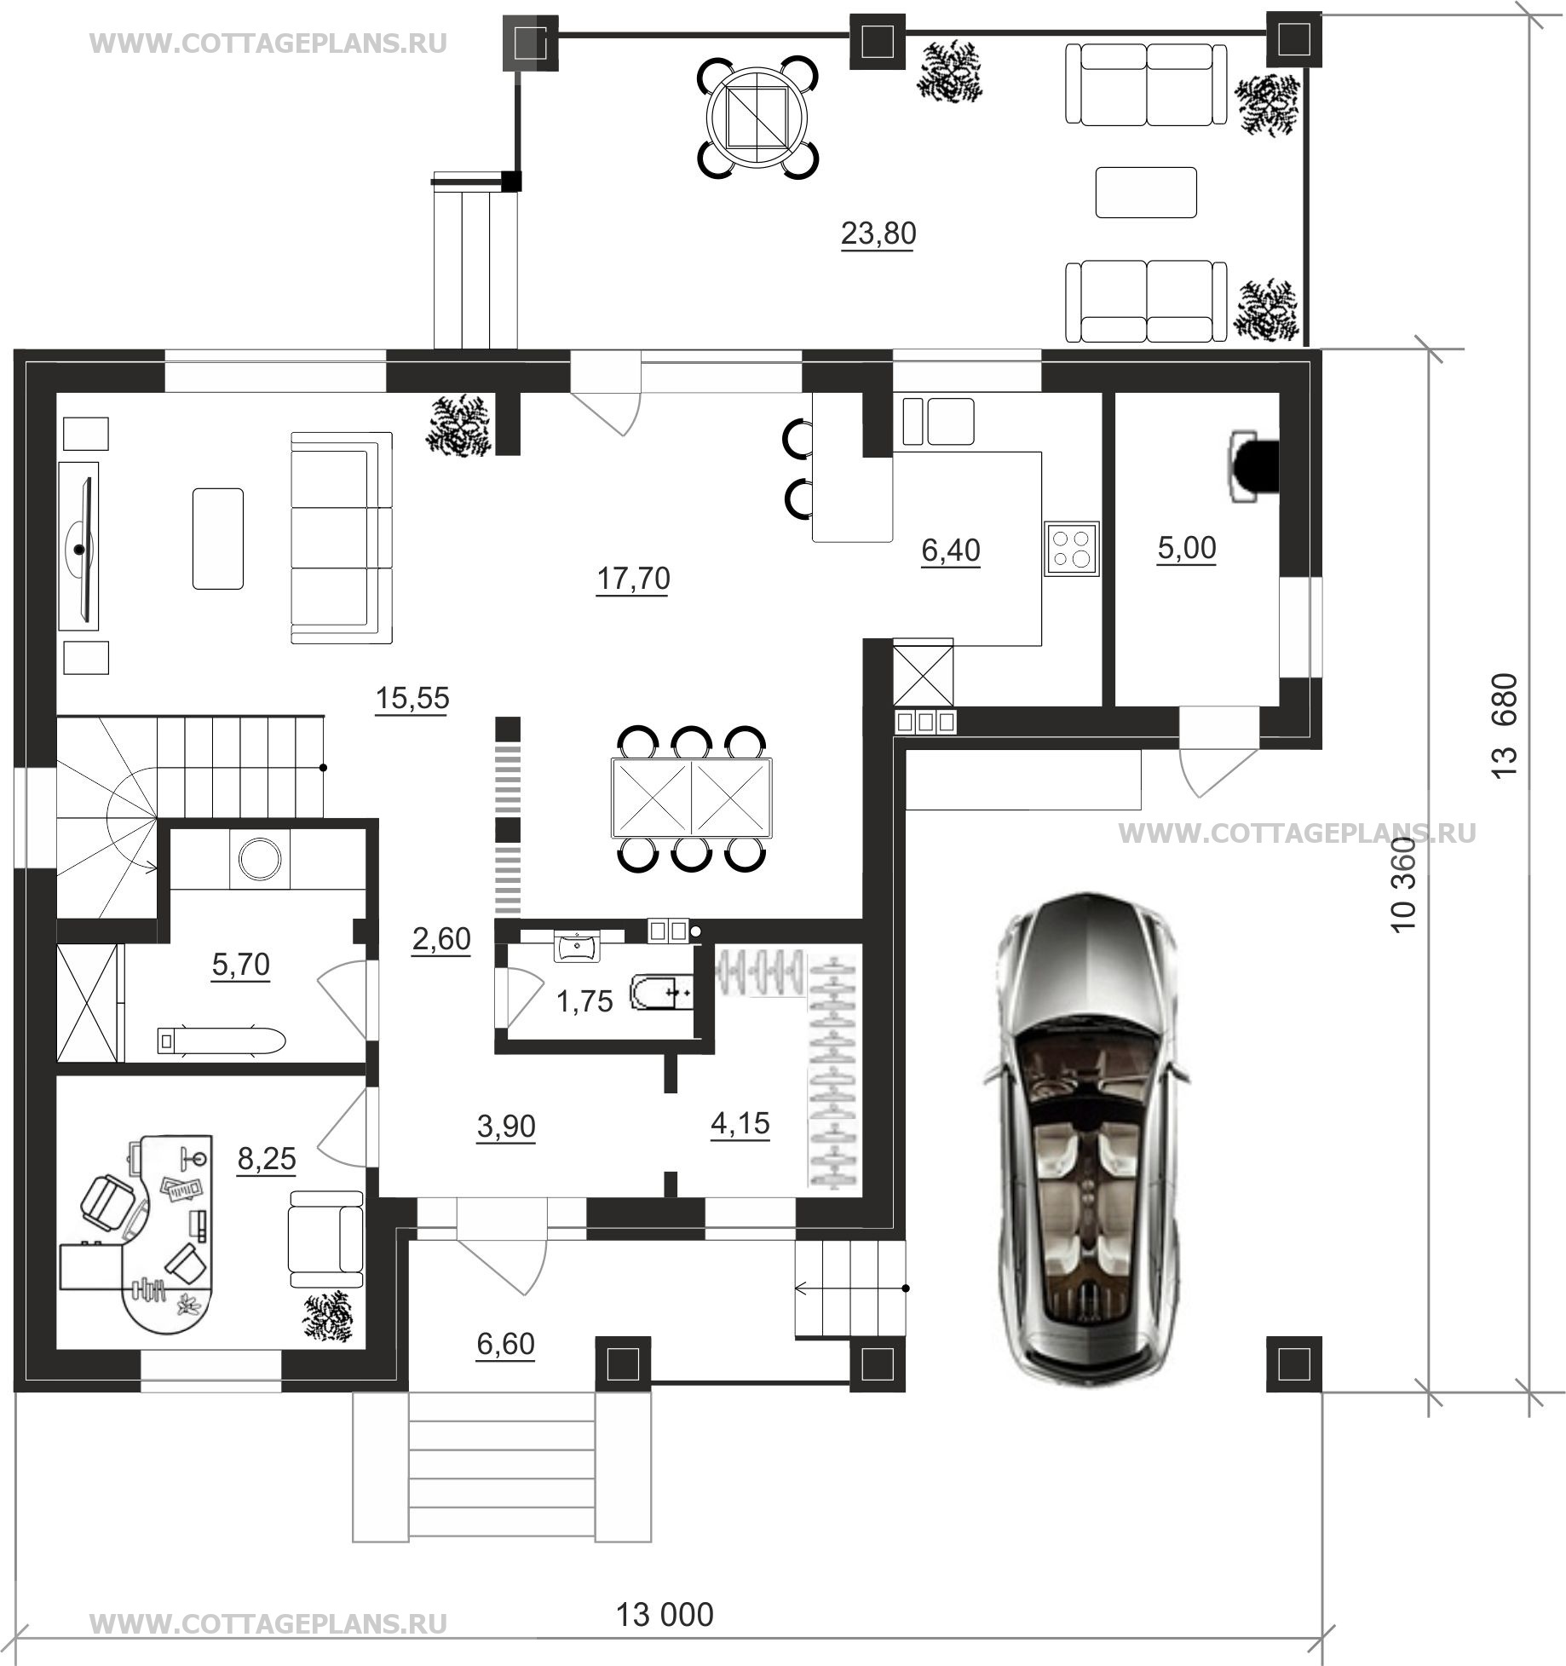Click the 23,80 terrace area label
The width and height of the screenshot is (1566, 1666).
[878, 233]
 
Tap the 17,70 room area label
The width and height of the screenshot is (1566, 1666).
[633, 579]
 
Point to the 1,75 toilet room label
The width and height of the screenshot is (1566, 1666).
[584, 1001]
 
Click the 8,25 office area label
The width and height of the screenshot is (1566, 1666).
[267, 1158]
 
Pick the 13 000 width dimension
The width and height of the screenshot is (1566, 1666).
[665, 1614]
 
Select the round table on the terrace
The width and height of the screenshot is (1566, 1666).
[758, 117]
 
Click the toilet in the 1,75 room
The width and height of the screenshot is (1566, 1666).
[661, 994]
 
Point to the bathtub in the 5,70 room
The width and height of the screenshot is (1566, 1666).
[221, 1041]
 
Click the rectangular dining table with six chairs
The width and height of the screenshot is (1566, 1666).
[691, 798]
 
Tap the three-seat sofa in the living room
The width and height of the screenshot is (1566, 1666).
[342, 538]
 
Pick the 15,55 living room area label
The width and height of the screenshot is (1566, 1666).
[412, 698]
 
